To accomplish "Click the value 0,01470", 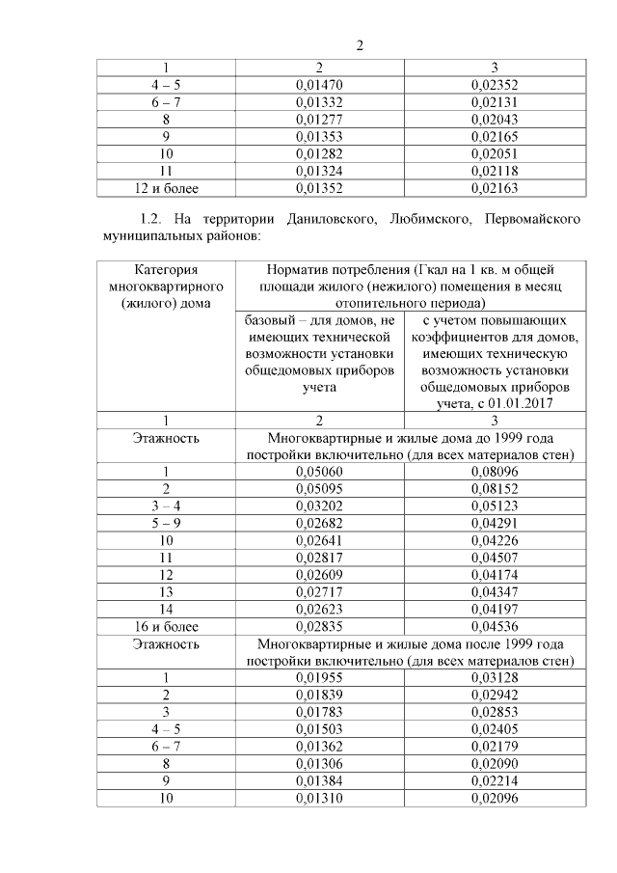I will [319, 85].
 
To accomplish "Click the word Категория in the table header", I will [166, 270].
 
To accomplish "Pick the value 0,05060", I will [319, 472].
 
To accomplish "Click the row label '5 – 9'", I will [166, 524].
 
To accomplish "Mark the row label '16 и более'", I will [166, 628].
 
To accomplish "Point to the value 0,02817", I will [319, 559].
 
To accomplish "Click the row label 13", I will [166, 593].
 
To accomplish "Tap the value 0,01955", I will [319, 679].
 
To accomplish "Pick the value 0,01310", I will [319, 801].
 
